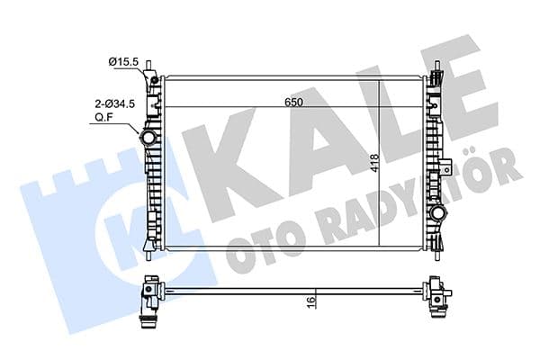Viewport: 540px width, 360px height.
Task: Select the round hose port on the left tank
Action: pos(148,140)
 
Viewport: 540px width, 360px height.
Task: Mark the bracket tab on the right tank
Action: pos(446,167)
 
